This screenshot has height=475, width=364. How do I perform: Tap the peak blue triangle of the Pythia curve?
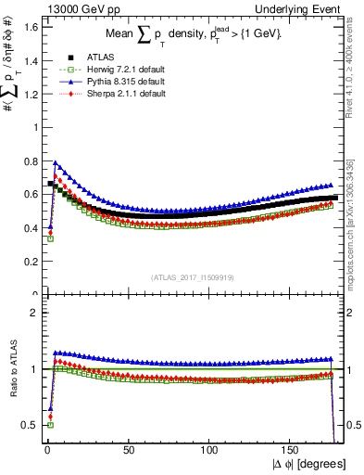[55, 162]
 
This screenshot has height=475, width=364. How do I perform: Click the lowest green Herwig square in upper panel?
[50, 238]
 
